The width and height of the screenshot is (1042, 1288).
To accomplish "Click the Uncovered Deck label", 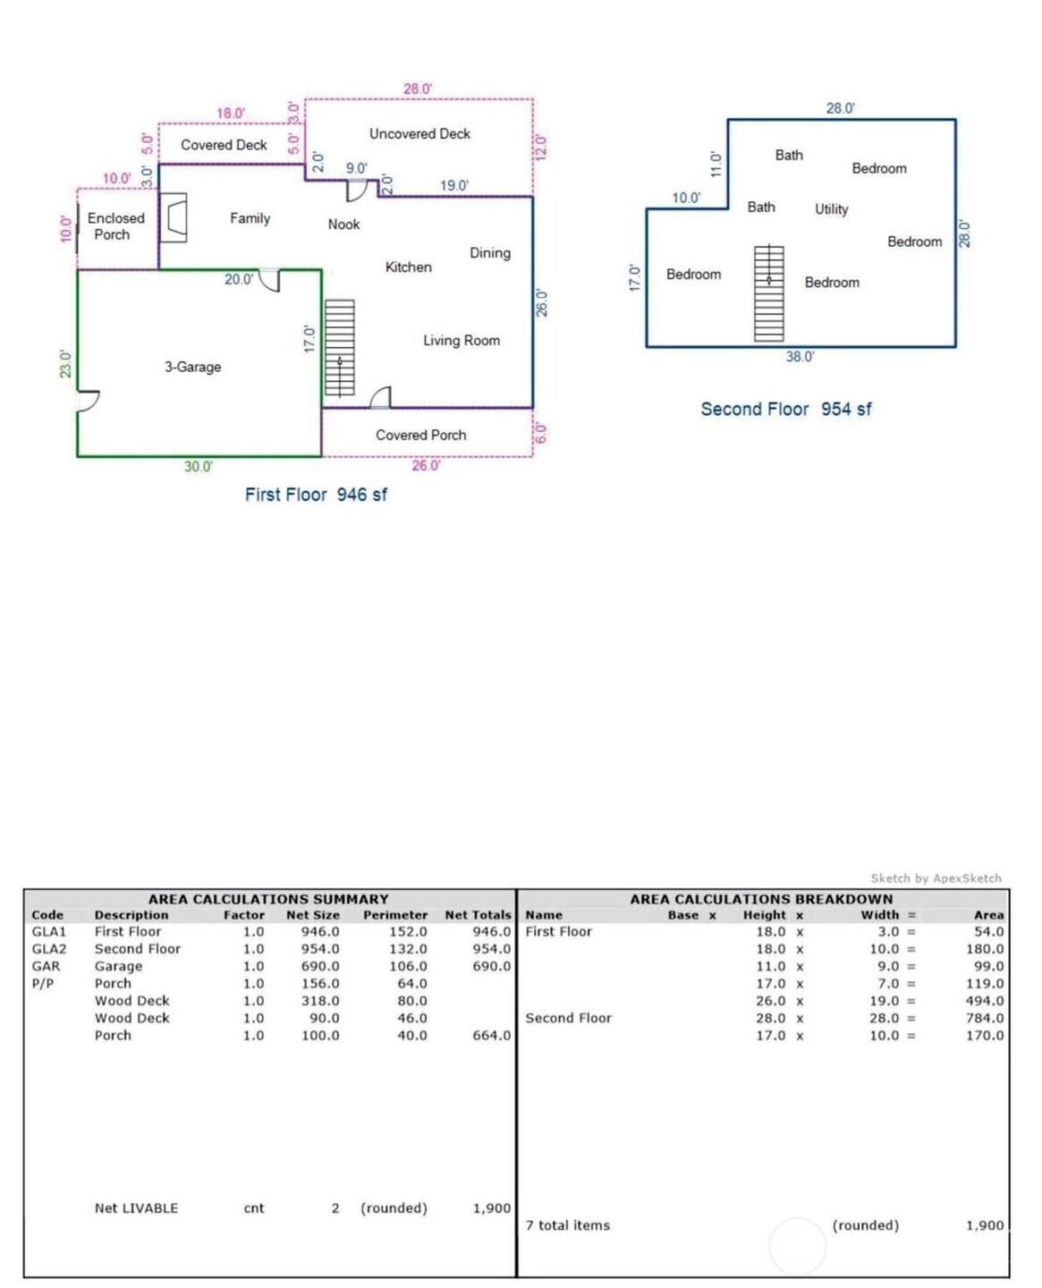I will [x=419, y=134].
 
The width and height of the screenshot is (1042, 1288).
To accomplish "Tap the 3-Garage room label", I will [x=192, y=367].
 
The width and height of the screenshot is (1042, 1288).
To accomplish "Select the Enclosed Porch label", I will [x=114, y=226].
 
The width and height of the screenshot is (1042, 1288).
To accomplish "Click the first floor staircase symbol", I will [x=339, y=348].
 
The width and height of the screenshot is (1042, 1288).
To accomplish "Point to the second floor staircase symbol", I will [x=768, y=293].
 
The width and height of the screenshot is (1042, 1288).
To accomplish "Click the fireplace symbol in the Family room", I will [x=174, y=217].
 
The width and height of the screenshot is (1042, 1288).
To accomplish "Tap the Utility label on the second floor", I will [x=831, y=209].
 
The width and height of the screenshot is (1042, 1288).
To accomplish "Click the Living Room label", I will [x=462, y=341].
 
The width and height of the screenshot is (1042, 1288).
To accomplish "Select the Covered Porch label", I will [x=420, y=436].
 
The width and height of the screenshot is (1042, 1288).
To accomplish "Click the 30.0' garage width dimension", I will [x=199, y=467].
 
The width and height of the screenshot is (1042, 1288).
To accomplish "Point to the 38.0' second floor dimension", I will [x=800, y=357].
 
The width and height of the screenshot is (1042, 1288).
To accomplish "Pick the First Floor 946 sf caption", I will [x=316, y=495].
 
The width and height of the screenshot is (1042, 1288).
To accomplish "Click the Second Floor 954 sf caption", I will [x=785, y=410].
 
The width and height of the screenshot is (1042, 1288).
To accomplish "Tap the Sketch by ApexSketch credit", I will [x=936, y=878].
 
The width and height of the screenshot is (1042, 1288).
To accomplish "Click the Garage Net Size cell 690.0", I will [x=320, y=966].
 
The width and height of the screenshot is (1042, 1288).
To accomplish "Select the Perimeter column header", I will [x=395, y=915].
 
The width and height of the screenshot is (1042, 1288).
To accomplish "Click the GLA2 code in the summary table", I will [x=49, y=949].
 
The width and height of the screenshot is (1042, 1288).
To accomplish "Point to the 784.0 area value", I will [x=985, y=1018].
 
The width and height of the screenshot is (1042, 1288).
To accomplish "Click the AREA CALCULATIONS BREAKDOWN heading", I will [x=761, y=899].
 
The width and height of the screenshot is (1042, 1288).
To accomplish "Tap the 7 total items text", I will [x=568, y=1225].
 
